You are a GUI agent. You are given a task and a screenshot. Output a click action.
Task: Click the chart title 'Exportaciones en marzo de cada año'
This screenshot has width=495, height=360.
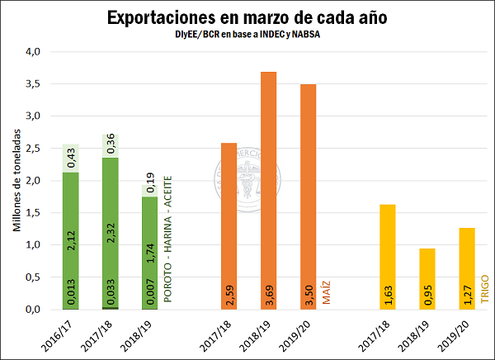click(247, 17)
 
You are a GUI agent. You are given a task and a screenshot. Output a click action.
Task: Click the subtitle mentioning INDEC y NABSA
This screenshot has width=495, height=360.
click(247, 36)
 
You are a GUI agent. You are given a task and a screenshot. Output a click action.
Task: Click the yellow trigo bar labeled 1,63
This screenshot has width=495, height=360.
click(387, 257)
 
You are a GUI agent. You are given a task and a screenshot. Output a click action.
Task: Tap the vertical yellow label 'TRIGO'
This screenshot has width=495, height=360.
click(485, 291)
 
